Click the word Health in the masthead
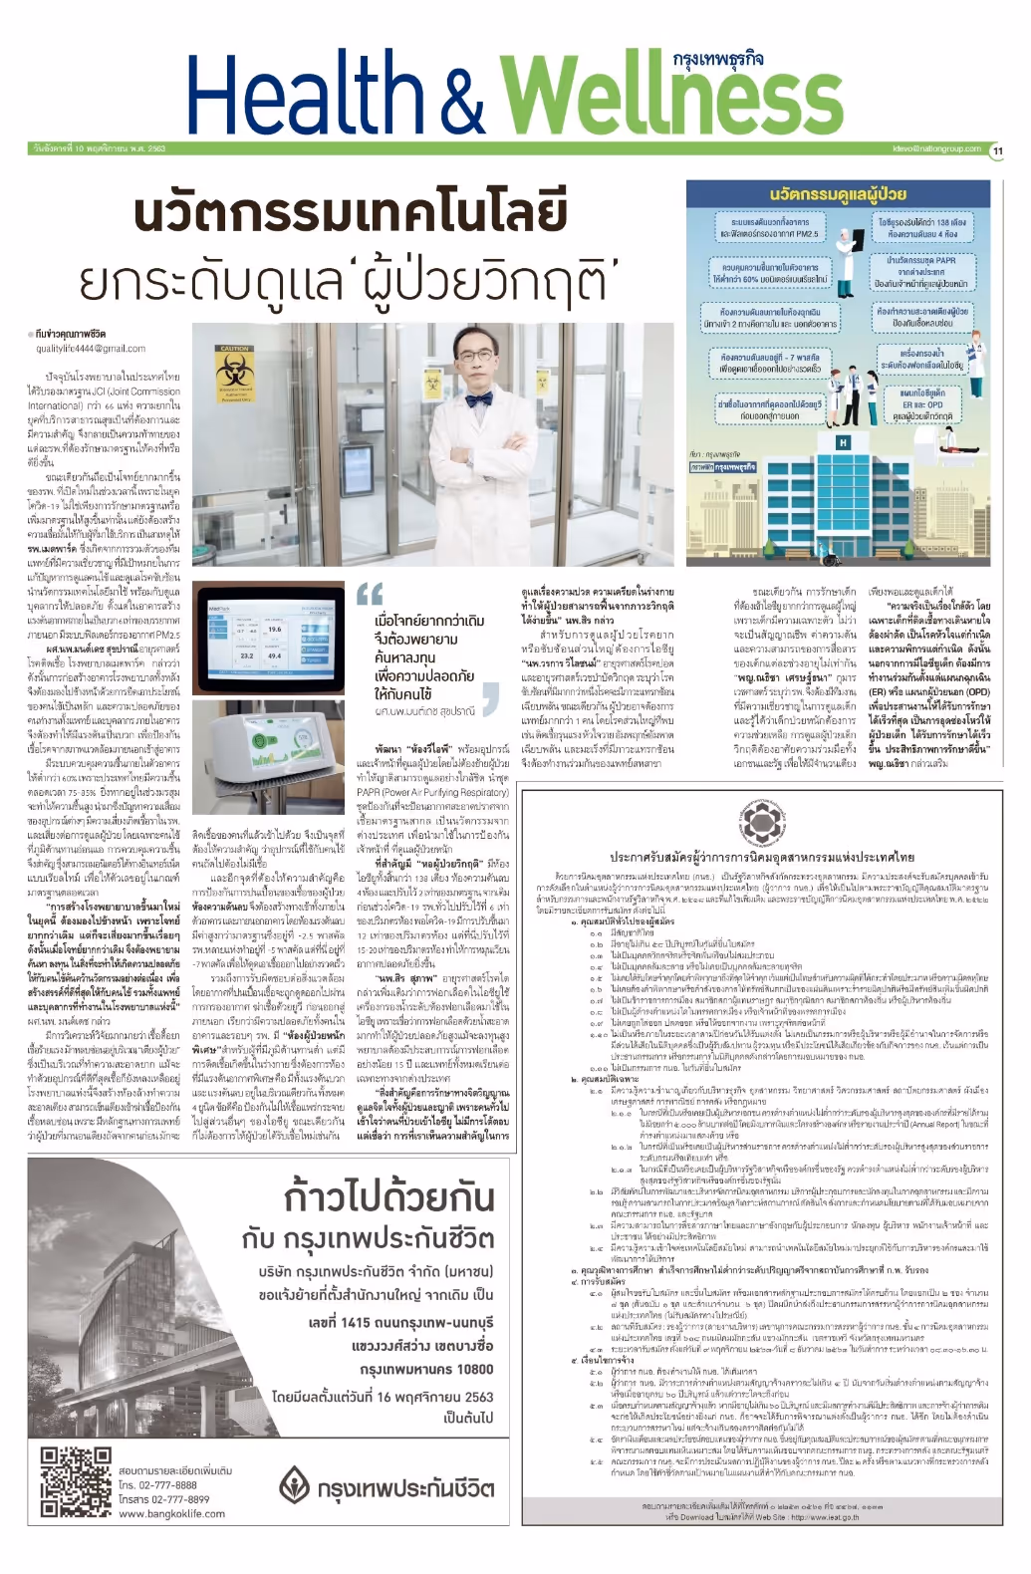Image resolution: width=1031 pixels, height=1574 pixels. click(x=304, y=96)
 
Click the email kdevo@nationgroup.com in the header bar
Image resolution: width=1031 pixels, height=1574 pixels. click(x=936, y=148)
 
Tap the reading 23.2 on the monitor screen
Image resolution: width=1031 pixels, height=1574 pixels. click(x=246, y=656)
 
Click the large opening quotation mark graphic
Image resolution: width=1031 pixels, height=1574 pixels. click(x=370, y=596)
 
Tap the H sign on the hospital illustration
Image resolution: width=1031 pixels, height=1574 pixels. click(x=844, y=442)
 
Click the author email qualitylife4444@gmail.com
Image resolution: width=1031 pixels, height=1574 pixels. click(x=91, y=349)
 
